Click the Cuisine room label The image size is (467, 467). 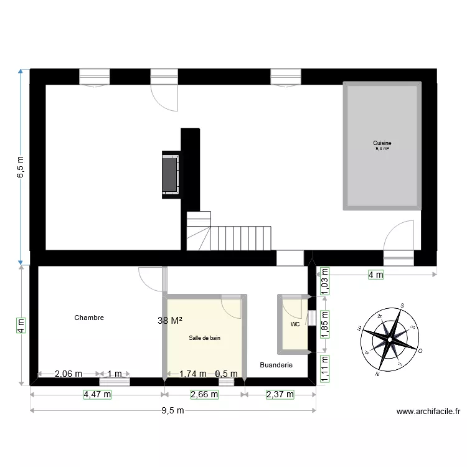(382, 143)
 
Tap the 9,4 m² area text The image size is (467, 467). (382, 149)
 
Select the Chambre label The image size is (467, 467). (89, 318)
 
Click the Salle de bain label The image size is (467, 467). (205, 338)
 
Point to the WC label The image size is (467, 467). (295, 324)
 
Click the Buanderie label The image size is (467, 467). (276, 365)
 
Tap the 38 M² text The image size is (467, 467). (170, 321)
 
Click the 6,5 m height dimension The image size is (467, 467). (21, 167)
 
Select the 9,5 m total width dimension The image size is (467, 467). (172, 410)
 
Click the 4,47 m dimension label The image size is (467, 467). (97, 394)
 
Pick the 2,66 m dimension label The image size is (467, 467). (204, 394)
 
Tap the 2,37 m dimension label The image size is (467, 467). (280, 394)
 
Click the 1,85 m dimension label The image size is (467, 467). (324, 324)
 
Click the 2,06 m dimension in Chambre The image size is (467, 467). (68, 374)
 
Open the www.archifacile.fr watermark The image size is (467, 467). (428, 412)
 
